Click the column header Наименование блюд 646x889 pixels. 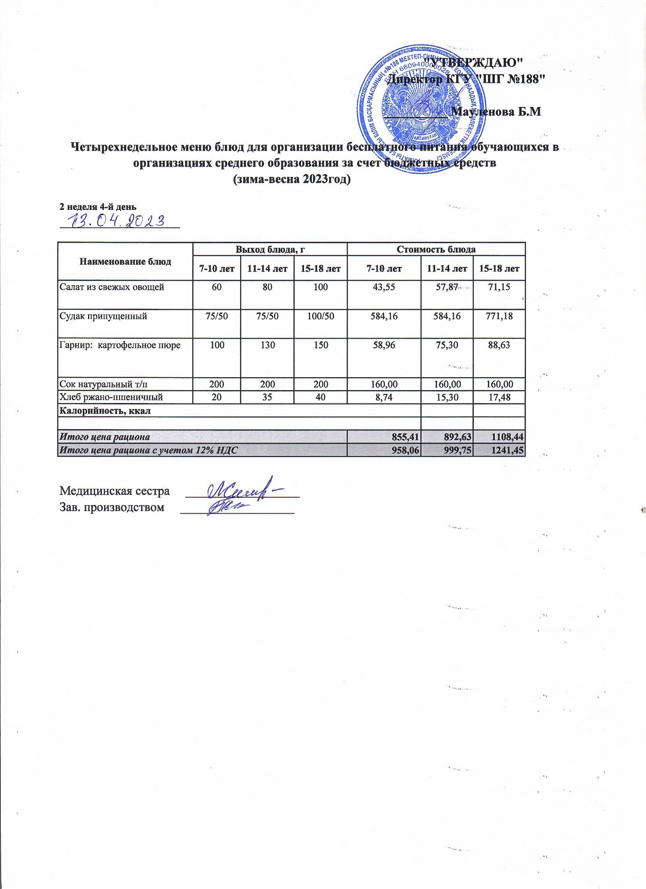(x=125, y=262)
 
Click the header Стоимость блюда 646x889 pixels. (x=436, y=249)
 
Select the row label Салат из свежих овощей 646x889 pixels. (x=111, y=287)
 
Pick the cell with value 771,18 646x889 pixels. (x=499, y=316)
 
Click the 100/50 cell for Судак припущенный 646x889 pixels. (x=320, y=316)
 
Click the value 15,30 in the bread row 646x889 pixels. (x=446, y=397)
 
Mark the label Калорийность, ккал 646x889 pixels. (x=104, y=411)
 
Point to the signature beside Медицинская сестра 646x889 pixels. (x=243, y=489)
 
